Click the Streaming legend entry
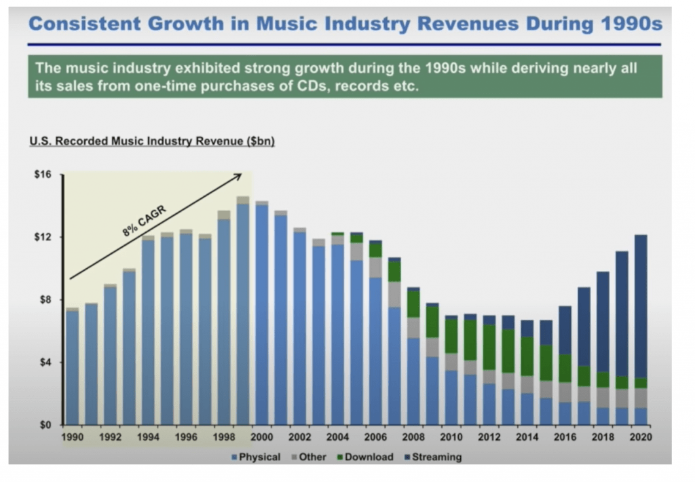[x=434, y=457]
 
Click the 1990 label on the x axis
[x=73, y=438]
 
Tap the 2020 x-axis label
[x=640, y=438]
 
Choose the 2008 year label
[x=413, y=438]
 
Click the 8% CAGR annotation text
[x=145, y=219]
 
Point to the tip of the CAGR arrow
[x=241, y=174]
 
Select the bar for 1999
[x=243, y=312]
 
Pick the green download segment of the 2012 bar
[x=489, y=346]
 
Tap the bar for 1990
[x=73, y=367]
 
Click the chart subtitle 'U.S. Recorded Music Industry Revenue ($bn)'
[x=151, y=142]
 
